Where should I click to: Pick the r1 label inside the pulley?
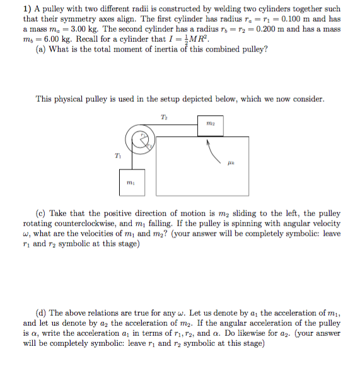(143, 135)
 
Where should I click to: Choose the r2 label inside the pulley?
(149, 146)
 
